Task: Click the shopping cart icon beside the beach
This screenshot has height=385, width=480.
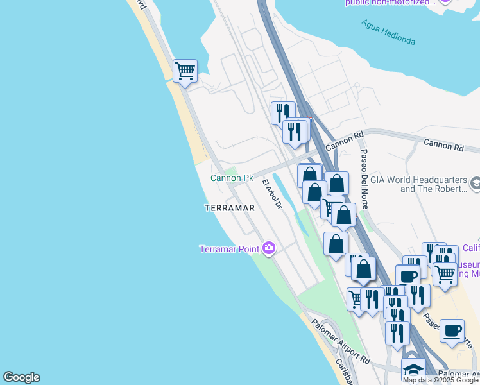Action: tap(185, 71)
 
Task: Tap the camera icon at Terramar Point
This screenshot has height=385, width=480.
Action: tap(269, 248)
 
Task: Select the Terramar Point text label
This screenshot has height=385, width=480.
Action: tap(229, 249)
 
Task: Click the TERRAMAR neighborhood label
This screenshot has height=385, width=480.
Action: tap(230, 208)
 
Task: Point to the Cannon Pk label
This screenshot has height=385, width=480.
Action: tap(232, 178)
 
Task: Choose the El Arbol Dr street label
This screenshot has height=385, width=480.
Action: tap(272, 194)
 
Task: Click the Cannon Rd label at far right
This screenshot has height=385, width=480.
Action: tap(442, 147)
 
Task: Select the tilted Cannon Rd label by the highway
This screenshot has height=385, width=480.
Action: tap(345, 141)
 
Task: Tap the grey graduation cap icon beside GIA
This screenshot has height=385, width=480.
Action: tap(476, 184)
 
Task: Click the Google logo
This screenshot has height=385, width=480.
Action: tap(21, 377)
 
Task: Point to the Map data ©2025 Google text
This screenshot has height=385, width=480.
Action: tap(440, 380)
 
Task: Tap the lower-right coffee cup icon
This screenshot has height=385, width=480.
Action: tap(452, 330)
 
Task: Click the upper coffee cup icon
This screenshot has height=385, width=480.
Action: tap(407, 276)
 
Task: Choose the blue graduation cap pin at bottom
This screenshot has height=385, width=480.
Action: tap(413, 369)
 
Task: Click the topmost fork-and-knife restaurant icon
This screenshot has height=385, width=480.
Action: tap(283, 113)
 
